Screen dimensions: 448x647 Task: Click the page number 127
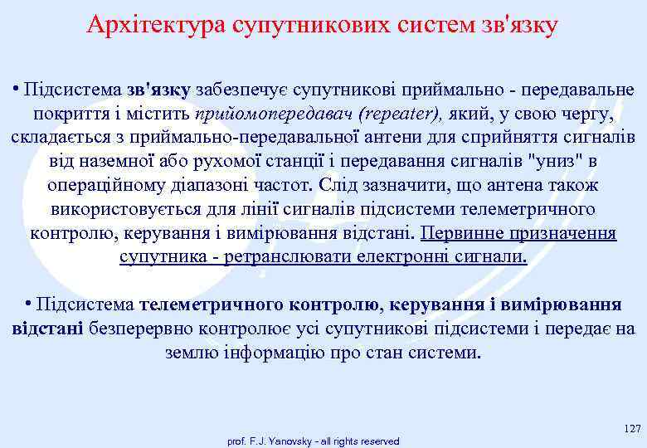[x=631, y=429]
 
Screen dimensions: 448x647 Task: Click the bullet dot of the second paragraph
[x=28, y=304]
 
